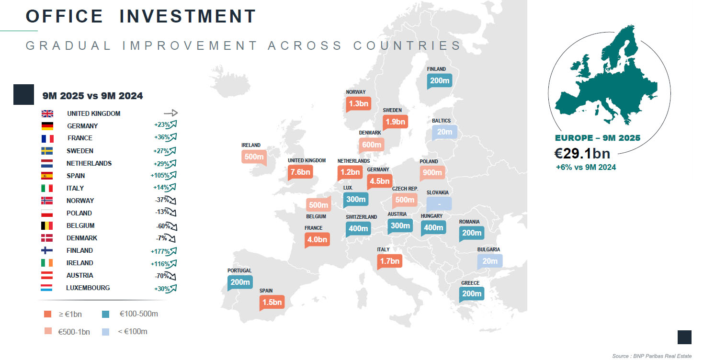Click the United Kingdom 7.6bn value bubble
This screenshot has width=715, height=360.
coord(300,172)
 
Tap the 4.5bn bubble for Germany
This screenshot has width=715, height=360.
coord(379,181)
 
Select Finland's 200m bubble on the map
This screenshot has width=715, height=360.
coord(440,80)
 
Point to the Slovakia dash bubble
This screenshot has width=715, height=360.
coord(439,203)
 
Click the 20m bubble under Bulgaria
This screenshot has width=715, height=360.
coord(490,261)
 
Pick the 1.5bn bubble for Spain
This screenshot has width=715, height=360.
coord(272,302)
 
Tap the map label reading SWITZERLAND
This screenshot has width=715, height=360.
coord(361,217)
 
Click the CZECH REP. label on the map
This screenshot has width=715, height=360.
coord(405,189)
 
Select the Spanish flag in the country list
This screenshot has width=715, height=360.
coord(47,176)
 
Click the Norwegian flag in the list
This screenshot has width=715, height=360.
coord(47,201)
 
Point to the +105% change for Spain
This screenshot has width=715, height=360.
coord(160,176)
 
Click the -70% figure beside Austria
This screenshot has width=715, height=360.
coord(161,275)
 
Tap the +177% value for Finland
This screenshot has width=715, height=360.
coord(160,250)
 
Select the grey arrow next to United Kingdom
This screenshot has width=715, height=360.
coord(170,113)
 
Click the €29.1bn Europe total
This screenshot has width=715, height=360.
coord(582,153)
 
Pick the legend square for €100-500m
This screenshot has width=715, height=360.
coord(106,314)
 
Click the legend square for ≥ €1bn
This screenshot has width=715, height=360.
coord(47,314)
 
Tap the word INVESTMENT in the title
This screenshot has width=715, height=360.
coord(187,16)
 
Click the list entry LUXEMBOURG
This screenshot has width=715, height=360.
coord(88,288)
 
